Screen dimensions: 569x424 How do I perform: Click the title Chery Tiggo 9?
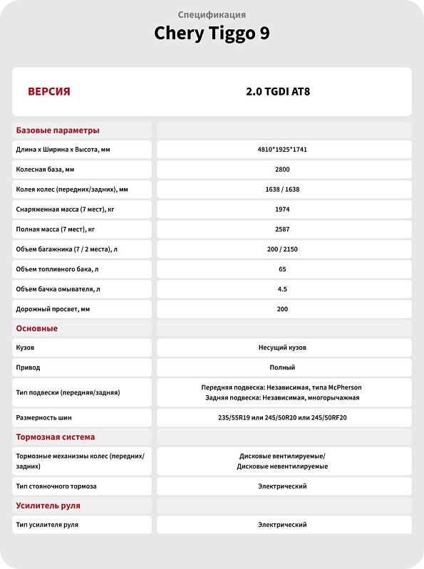212,33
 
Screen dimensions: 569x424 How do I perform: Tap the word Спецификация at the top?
212,14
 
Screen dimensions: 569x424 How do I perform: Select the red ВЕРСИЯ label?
48,92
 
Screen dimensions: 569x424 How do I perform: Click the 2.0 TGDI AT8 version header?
283,92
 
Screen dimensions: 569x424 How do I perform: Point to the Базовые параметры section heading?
58,130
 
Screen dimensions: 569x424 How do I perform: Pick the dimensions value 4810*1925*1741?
283,150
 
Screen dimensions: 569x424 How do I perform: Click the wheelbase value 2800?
283,169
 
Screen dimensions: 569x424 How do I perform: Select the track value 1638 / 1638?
283,189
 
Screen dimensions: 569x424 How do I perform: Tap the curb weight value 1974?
283,209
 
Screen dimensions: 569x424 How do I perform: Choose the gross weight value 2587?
283,229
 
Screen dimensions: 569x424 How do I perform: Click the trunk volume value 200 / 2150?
283,249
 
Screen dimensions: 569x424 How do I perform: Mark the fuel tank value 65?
283,269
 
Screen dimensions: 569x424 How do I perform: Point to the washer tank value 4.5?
283,289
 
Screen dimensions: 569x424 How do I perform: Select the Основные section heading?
37,328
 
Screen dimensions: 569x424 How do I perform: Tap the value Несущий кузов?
283,348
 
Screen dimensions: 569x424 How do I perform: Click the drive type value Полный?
283,367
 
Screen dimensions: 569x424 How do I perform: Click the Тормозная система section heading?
56,437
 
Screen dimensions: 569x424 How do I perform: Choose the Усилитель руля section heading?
48,506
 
